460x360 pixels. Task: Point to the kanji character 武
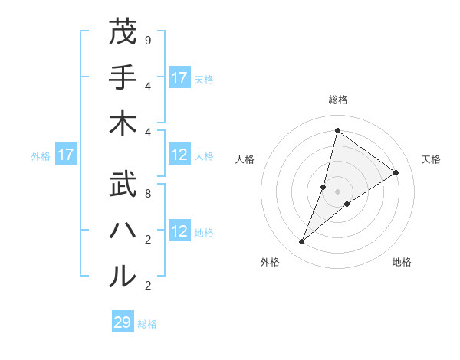tap(123, 186)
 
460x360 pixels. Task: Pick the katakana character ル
tap(123, 277)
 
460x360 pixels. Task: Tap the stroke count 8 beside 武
tap(148, 193)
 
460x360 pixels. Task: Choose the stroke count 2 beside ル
tap(148, 285)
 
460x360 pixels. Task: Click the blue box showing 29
tap(123, 322)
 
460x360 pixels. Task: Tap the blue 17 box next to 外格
tap(66, 155)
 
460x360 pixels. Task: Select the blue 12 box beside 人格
tap(179, 155)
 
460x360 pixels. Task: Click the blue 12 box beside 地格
tap(179, 232)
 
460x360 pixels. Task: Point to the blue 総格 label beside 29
tap(147, 324)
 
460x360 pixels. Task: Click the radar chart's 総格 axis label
tap(337, 100)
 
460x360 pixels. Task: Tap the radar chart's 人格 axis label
tap(245, 159)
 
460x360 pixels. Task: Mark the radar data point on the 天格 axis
tap(396, 172)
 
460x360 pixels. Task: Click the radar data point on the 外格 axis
tap(302, 242)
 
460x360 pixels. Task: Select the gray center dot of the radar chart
tap(337, 191)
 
